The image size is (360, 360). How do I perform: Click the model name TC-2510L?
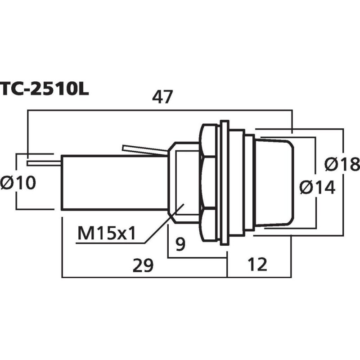[x=44, y=89]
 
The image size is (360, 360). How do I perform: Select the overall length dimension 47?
[x=162, y=97]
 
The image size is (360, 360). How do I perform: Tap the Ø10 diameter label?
[x=18, y=183]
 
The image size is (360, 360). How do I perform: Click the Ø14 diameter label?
[x=317, y=186]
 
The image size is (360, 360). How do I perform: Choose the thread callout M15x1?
[x=106, y=234]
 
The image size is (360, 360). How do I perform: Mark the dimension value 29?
[x=143, y=265]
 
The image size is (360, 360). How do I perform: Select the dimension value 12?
[x=257, y=265]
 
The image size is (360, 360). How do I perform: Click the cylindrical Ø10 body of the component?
[x=112, y=182]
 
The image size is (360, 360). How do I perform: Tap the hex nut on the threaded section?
[x=208, y=182]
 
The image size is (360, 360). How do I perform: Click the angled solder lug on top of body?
[x=142, y=150]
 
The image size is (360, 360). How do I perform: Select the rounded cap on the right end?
[x=274, y=182]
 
